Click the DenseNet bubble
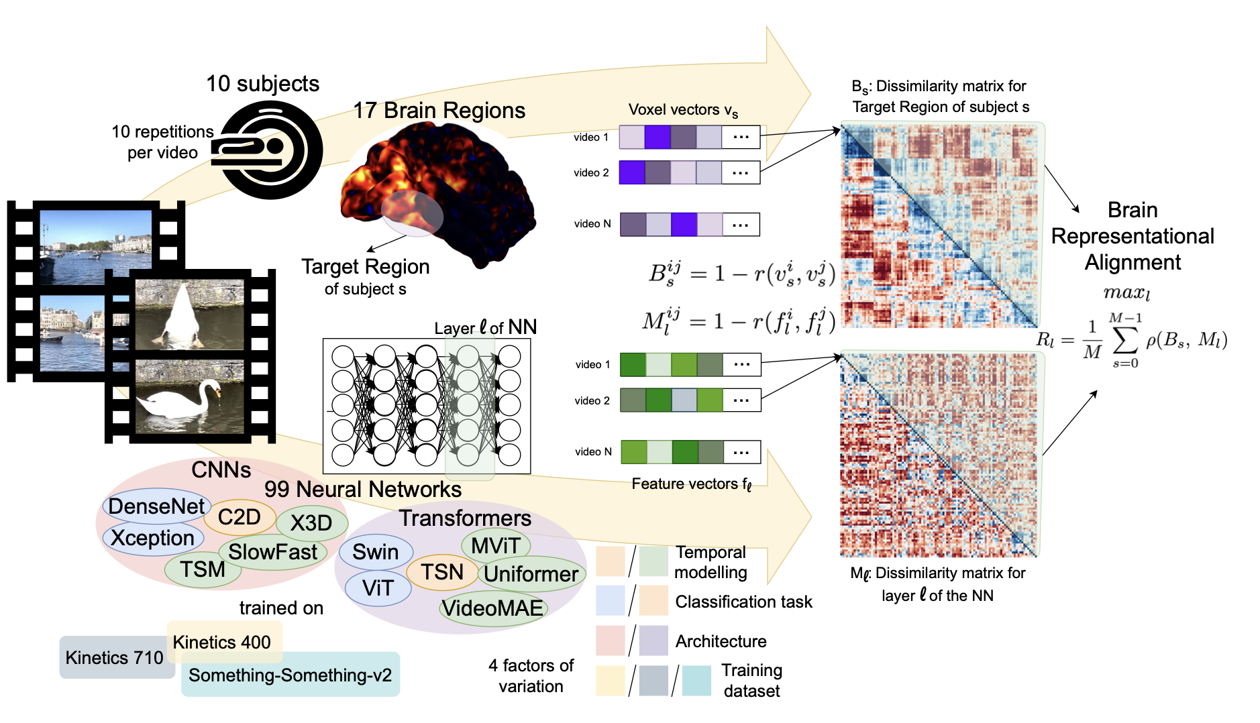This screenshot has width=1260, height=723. [156, 506]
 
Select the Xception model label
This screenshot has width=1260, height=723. [152, 538]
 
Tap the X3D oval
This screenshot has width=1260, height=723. [311, 523]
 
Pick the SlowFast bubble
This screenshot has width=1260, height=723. [272, 552]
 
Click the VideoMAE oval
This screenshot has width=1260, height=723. [492, 608]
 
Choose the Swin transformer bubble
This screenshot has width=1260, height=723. [375, 552]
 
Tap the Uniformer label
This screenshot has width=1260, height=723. [531, 574]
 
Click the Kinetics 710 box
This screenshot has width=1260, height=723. [114, 658]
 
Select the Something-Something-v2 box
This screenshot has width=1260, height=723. [290, 675]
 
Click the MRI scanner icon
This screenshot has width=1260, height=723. [268, 150]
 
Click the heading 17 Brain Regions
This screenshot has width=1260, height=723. [439, 111]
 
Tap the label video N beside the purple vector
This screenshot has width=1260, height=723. [592, 224]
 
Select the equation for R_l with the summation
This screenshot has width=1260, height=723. [1132, 341]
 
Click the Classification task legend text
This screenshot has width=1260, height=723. [743, 602]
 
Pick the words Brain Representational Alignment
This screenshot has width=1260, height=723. [1133, 236]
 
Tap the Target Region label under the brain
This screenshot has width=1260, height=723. [365, 267]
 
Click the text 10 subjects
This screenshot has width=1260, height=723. [262, 84]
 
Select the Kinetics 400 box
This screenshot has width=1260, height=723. [222, 642]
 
